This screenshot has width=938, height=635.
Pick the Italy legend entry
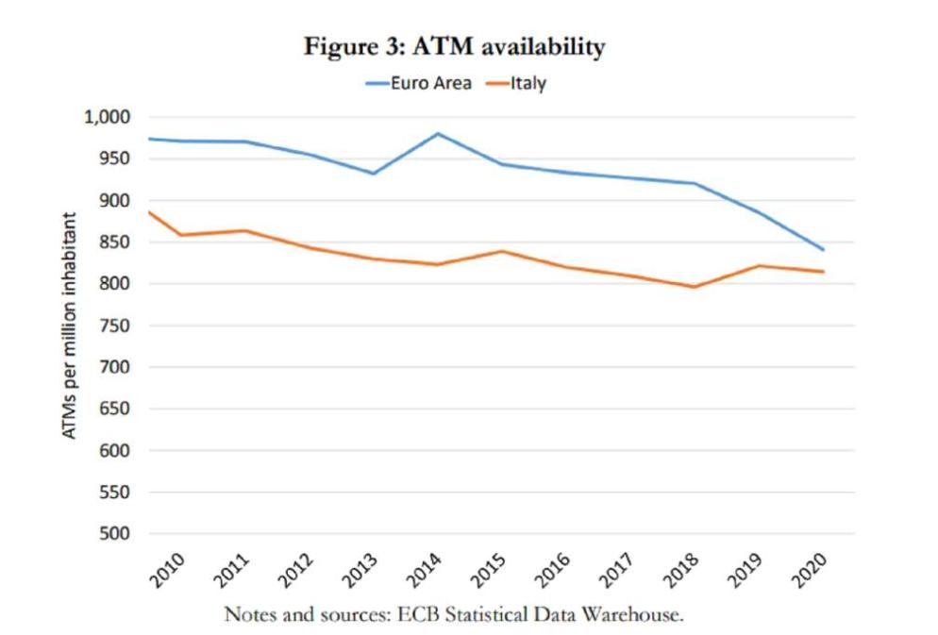[528, 83]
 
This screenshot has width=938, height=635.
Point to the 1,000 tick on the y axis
[107, 117]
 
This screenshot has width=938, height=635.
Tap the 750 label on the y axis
[115, 326]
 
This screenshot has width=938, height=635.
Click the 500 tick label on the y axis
[115, 534]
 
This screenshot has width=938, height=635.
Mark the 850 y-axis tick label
[115, 242]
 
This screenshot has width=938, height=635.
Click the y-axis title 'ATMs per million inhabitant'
[70, 326]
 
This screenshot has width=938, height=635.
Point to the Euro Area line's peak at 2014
[438, 134]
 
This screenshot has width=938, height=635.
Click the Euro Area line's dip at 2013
[373, 174]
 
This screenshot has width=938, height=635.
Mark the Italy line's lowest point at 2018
[695, 287]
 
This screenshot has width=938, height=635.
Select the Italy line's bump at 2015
[502, 251]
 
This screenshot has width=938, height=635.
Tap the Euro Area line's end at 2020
[824, 250]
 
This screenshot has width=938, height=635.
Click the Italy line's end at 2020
[824, 272]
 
